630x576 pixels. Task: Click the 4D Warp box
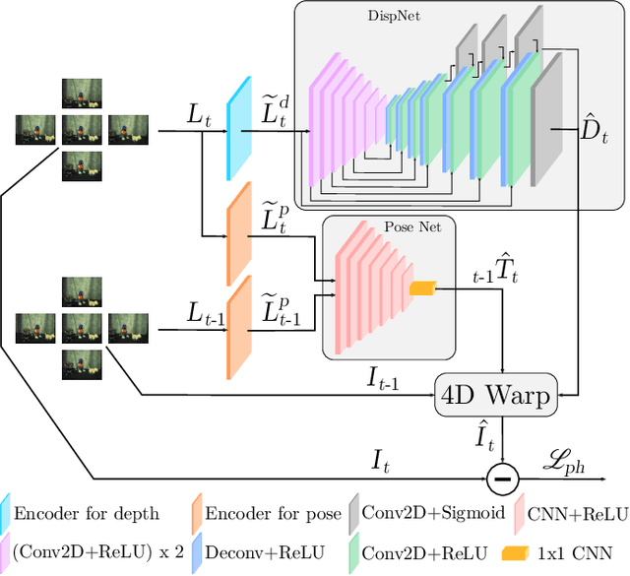tap(495, 395)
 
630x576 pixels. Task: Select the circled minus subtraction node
tap(503, 478)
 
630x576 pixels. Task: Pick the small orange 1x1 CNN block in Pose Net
tap(422, 288)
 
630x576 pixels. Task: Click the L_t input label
tap(200, 115)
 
